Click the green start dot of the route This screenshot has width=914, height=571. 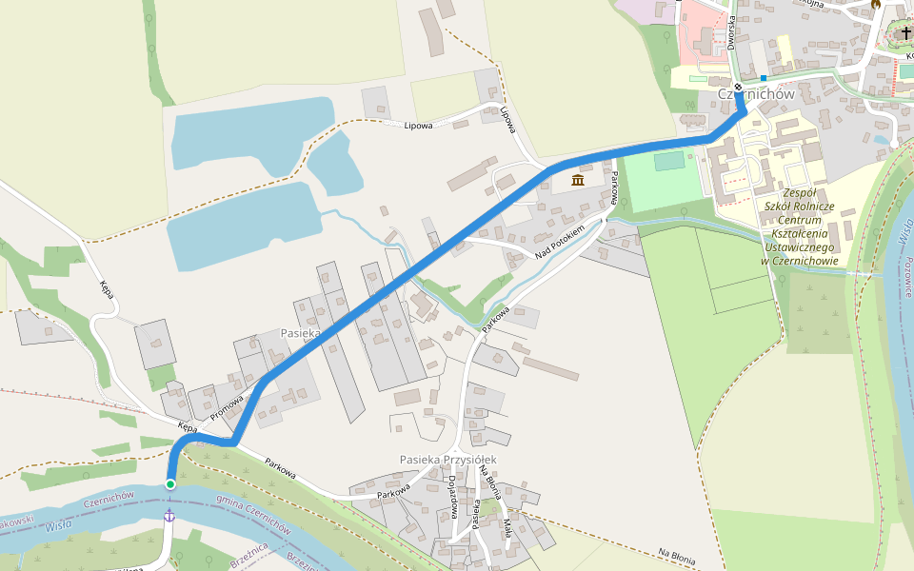[x=170, y=484]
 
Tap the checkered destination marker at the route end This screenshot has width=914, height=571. [x=738, y=88]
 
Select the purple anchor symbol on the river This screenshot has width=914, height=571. [x=169, y=515]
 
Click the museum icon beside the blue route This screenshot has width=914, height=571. [x=578, y=181]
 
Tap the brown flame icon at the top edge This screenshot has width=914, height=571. [x=875, y=4]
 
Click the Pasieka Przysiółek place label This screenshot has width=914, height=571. [x=447, y=460]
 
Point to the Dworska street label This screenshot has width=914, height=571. [x=731, y=31]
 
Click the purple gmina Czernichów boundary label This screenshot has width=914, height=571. [x=253, y=511]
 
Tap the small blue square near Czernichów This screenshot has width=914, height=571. [x=764, y=77]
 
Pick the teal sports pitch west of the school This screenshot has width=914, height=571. [x=669, y=162]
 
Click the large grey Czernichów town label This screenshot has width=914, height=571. [x=757, y=94]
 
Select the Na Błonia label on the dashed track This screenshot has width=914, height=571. [x=677, y=556]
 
